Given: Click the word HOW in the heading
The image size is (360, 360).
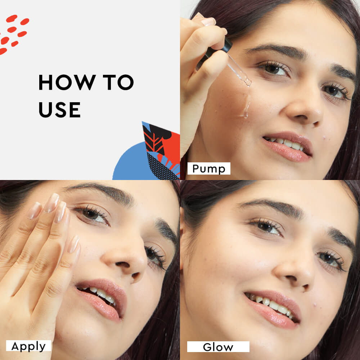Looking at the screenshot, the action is [67, 82].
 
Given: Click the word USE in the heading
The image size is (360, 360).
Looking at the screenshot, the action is [59, 109].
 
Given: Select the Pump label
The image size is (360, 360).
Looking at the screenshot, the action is [209, 168].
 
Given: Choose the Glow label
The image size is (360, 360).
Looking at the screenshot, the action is [218, 347].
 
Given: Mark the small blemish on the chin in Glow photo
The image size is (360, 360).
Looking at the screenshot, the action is [315, 305].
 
